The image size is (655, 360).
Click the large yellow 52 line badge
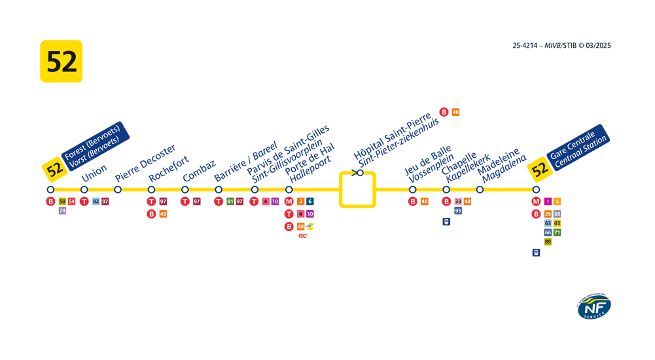(61, 61)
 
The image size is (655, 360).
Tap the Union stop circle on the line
(84, 190)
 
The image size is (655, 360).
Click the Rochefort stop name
(169, 168)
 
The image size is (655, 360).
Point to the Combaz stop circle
(185, 190)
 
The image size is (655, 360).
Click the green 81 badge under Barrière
(230, 202)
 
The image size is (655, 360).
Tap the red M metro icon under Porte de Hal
(289, 202)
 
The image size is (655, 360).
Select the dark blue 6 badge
(310, 202)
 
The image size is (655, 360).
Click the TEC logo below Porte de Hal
(302, 236)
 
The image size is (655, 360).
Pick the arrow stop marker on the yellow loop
(359, 173)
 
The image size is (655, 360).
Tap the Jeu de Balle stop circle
(413, 190)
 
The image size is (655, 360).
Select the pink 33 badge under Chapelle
(458, 202)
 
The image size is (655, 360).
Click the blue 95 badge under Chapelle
(458, 211)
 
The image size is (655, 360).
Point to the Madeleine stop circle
(480, 190)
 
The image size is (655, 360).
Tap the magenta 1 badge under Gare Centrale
(548, 202)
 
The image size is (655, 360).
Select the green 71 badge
(558, 232)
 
